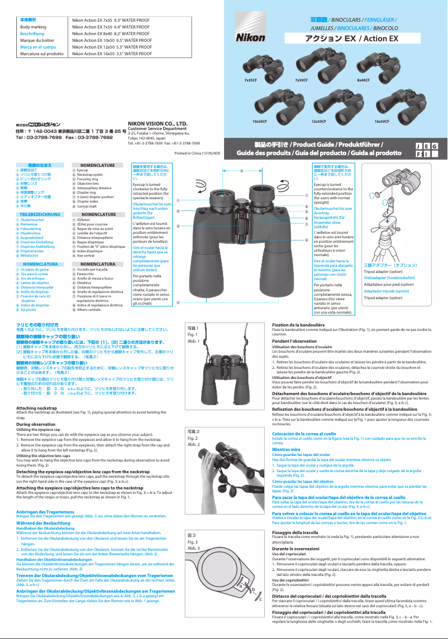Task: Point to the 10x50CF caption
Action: (x=260, y=121)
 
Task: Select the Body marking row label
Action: (x=33, y=26)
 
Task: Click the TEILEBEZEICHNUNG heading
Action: (x=40, y=214)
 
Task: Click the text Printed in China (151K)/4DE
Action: (x=197, y=152)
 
